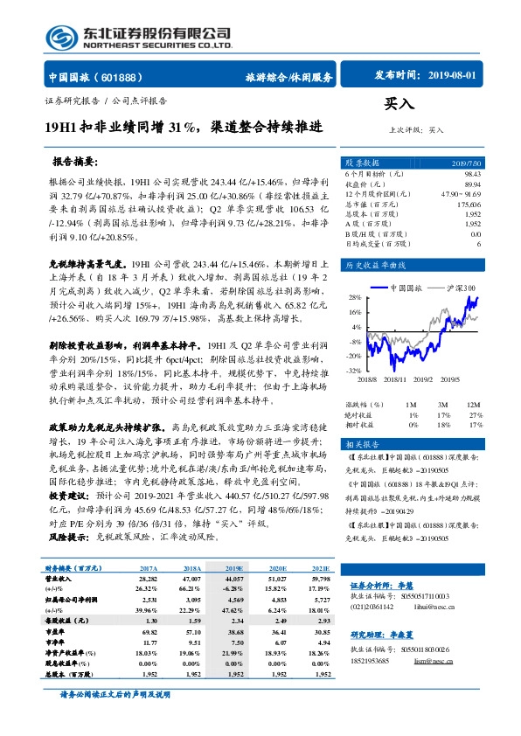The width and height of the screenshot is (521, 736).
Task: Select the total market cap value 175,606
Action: pos(468,205)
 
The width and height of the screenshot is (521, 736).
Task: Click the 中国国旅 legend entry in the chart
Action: pos(406,287)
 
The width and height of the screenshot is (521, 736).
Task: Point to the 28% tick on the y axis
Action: pos(355,297)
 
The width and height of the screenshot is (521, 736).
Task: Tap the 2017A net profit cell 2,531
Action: pos(146,600)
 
